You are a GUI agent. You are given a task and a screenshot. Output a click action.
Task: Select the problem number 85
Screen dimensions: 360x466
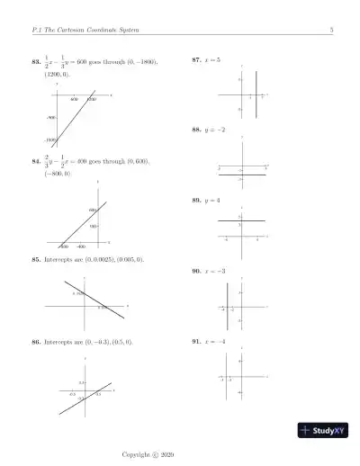pos(36,260)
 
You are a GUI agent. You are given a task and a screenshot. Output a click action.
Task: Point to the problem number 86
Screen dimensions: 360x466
pos(36,343)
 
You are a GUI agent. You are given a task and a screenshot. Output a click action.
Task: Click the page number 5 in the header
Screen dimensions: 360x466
pos(332,31)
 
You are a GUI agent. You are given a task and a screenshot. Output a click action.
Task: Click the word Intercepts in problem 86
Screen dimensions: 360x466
pos(59,343)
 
